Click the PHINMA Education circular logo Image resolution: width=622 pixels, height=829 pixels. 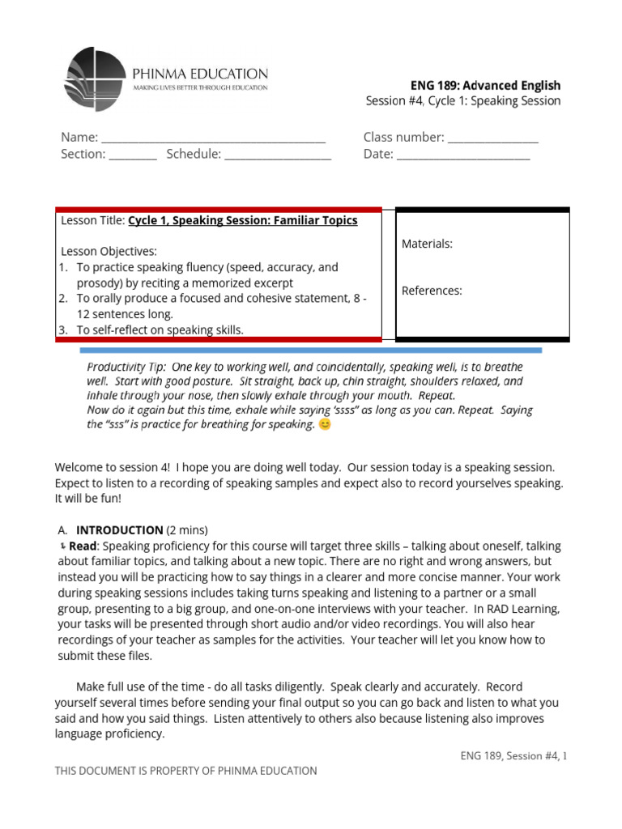point(95,79)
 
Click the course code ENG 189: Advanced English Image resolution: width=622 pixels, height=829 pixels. point(486,85)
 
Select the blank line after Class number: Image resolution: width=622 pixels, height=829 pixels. point(493,138)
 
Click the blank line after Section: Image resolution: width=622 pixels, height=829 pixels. point(133,155)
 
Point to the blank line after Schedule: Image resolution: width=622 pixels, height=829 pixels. point(278,155)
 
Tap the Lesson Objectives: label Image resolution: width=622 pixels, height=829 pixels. point(109,251)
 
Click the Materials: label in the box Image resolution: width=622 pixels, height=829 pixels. point(427,244)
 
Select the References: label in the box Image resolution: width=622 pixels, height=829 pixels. point(432,291)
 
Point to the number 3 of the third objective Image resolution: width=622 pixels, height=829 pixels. point(62,329)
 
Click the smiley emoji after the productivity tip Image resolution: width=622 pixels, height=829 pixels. point(325,424)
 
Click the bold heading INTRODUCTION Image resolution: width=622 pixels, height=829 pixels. point(119,530)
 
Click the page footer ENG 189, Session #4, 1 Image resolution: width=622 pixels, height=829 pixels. point(513,756)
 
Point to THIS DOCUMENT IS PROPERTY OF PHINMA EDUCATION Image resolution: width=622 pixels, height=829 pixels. point(185,771)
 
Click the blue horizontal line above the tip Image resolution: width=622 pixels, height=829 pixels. point(311,351)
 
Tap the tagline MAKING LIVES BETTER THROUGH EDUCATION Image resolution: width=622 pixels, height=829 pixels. point(200,87)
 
